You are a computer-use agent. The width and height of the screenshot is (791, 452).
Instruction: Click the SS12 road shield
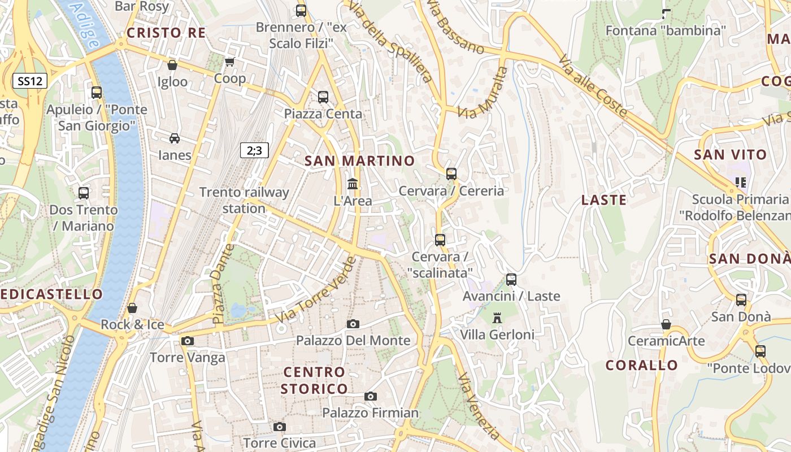tap(30, 81)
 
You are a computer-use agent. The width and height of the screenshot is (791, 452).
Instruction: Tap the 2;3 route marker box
tap(254, 150)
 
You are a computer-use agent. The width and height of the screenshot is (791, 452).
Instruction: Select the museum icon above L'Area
tap(353, 184)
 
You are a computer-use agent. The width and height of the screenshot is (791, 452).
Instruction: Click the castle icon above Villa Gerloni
tap(497, 318)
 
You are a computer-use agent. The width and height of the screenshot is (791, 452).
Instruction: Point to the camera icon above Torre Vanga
tap(188, 341)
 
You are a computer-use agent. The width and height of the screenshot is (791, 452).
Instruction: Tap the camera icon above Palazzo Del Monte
tap(353, 324)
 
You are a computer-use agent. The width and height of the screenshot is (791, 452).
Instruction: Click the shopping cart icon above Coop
tap(229, 62)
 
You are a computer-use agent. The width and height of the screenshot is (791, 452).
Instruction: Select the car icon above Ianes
tap(175, 138)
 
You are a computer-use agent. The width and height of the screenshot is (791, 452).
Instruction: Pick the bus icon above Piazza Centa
tap(323, 97)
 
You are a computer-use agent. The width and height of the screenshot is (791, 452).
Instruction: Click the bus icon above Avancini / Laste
tap(511, 279)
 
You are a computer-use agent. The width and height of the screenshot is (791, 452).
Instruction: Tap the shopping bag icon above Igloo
tap(172, 65)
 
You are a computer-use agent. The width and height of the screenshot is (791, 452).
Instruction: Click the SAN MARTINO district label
tap(360, 161)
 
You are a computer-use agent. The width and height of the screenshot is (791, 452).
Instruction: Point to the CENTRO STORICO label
tap(314, 380)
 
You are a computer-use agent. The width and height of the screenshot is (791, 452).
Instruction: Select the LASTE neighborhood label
tap(604, 200)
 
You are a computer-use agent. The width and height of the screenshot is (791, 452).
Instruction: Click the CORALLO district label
tap(642, 365)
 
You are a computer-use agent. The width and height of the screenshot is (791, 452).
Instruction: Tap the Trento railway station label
tap(244, 200)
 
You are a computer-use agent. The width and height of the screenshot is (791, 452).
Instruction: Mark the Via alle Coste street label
tap(593, 86)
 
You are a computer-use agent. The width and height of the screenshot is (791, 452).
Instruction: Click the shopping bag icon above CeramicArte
tap(666, 324)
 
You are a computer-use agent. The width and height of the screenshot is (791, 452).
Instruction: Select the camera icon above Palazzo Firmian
tap(371, 396)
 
